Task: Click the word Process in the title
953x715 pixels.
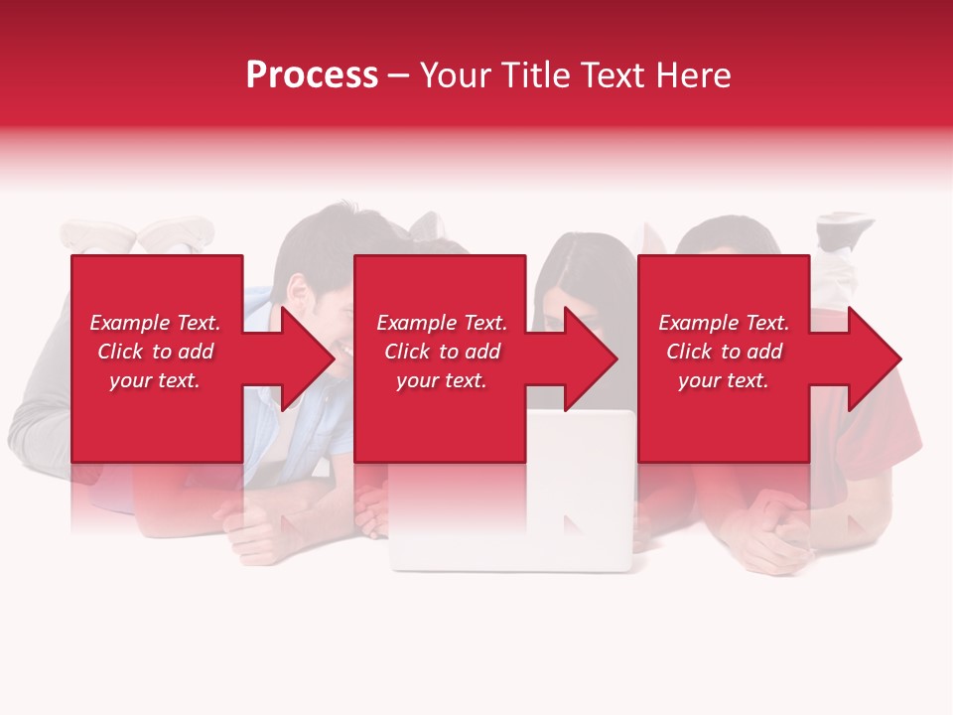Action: pos(312,75)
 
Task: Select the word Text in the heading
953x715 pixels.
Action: pos(613,75)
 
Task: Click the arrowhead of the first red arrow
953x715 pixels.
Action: pos(308,358)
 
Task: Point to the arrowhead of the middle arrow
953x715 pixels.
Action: pos(592,358)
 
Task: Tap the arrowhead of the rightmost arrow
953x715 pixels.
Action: pos(875,358)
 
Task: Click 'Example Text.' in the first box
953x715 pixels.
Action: pos(155,323)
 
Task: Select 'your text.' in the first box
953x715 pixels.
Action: pos(155,380)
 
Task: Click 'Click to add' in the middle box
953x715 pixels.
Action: pos(442,352)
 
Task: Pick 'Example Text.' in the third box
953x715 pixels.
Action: pos(724,323)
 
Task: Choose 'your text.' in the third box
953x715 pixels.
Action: pos(724,380)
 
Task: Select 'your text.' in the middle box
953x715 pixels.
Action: pos(442,380)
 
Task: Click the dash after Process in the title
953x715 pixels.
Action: pos(399,75)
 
